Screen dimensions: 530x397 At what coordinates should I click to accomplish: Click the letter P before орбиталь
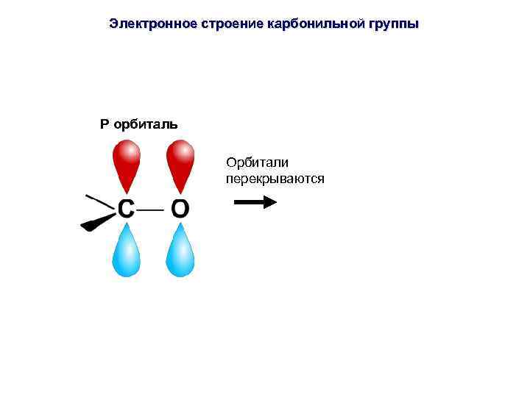pos(105,124)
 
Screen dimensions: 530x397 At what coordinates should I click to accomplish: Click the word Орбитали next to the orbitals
pos(258,162)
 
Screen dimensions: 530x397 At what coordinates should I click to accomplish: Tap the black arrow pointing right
pos(255,201)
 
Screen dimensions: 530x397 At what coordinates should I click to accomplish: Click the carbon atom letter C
pos(127,210)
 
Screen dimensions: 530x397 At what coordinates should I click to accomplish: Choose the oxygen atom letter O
pos(180,210)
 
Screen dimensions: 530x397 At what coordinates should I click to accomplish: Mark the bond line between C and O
pos(152,209)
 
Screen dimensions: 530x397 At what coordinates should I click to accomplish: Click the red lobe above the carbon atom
pos(126,165)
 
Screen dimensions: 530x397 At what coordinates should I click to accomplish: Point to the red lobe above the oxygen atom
pos(180,165)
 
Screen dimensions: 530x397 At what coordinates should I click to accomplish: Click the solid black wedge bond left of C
pos(98,221)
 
